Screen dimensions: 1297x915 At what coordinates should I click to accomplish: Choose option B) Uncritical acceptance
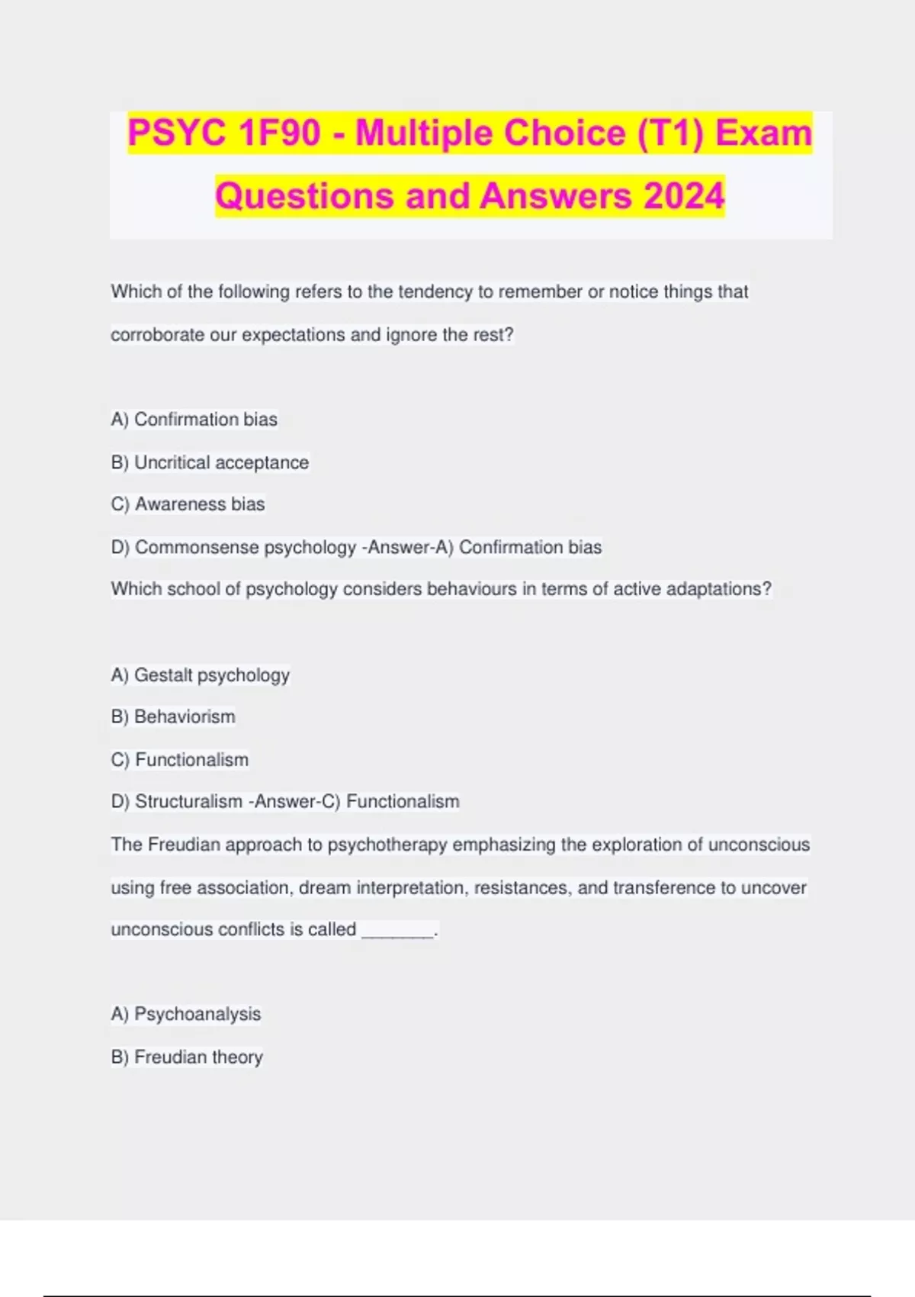[210, 462]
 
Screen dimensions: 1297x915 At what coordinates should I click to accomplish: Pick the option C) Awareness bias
[188, 504]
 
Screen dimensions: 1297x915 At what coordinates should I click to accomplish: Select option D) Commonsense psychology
[233, 547]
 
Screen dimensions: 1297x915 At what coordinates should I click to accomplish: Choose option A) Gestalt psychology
[200, 675]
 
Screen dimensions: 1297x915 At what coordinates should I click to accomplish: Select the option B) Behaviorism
[173, 717]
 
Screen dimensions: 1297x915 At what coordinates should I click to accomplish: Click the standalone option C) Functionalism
[180, 760]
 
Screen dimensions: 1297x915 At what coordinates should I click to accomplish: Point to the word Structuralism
[188, 802]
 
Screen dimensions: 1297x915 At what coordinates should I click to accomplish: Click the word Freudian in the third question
[184, 845]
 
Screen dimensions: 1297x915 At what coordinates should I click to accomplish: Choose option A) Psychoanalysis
[186, 1014]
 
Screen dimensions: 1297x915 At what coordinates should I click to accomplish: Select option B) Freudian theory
[187, 1057]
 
